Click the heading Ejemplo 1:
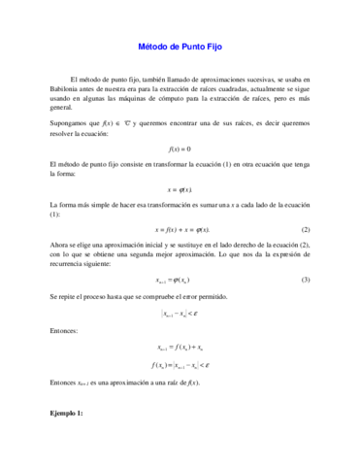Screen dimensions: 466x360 (x=67, y=413)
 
